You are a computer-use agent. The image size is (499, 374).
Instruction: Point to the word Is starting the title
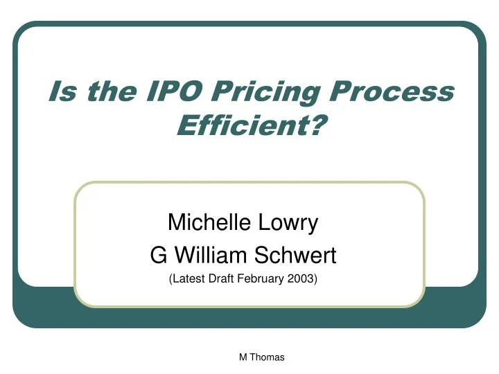coord(60,91)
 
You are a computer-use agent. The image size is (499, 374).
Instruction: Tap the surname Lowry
coord(291,224)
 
